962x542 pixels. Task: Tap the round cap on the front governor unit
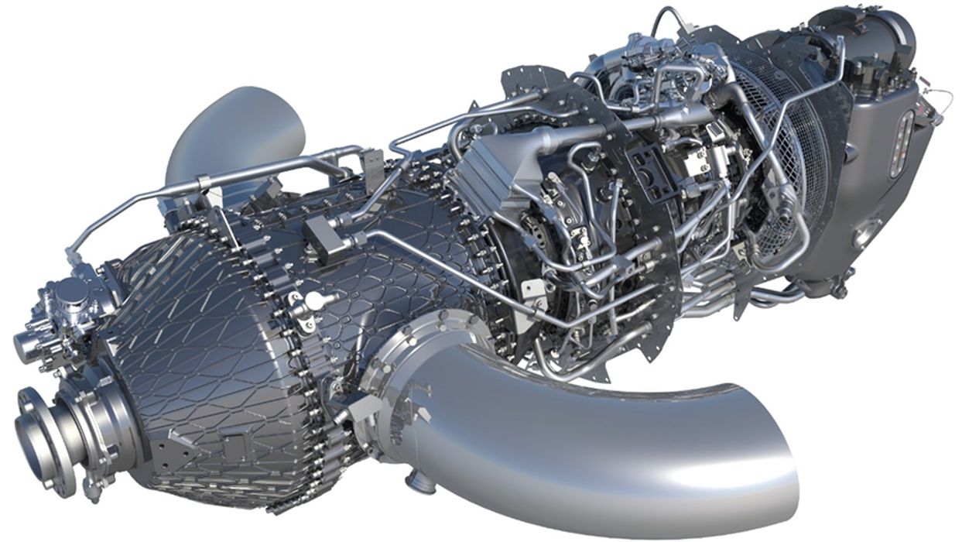tap(71, 292)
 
